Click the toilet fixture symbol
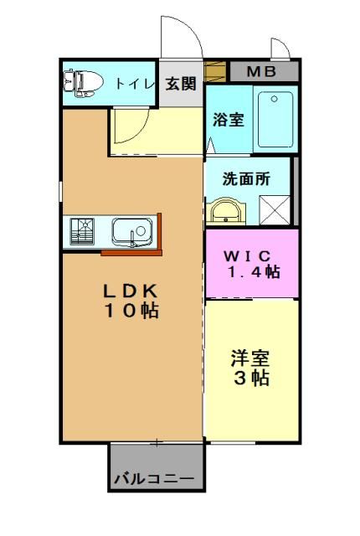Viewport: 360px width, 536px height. tap(84, 83)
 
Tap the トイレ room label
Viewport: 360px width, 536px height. tap(135, 84)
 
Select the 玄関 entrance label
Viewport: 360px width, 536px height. tap(181, 84)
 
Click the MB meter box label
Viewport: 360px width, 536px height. tap(261, 71)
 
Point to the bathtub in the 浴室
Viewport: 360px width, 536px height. tap(275, 119)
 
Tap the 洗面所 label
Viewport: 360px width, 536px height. tap(246, 178)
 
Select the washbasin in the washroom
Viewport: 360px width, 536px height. tap(226, 211)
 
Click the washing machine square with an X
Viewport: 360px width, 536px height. tap(275, 210)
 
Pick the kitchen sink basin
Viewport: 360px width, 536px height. tap(132, 233)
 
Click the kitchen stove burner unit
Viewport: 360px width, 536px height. tap(82, 231)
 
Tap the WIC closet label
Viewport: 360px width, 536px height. tap(247, 255)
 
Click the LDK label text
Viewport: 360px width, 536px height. tap(131, 291)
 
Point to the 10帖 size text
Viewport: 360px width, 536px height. tap(131, 311)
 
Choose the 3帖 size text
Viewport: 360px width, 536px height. tap(251, 378)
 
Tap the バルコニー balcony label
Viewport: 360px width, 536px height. tap(154, 478)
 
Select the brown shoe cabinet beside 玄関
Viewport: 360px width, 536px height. tap(215, 71)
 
